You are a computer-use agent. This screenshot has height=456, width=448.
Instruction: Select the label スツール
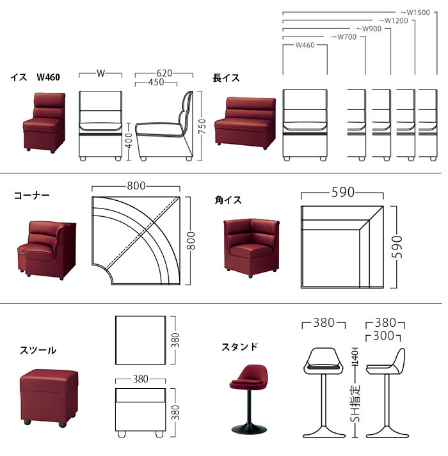[38, 350]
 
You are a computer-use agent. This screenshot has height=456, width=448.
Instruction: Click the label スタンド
[240, 347]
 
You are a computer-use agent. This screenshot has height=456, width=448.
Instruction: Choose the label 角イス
[228, 200]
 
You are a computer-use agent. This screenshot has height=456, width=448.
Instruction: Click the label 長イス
[226, 78]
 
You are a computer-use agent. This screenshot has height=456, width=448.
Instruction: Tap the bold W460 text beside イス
[48, 77]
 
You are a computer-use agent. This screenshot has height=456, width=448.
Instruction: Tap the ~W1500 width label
[415, 12]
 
